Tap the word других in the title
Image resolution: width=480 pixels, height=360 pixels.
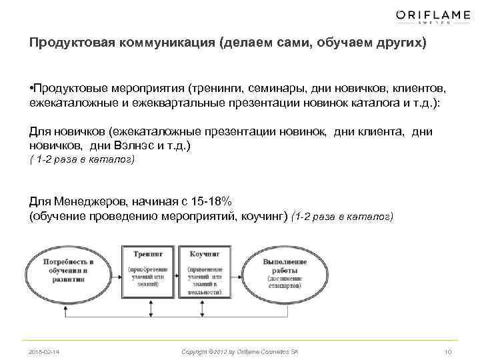point(394,43)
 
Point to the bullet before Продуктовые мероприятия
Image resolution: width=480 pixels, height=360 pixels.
point(31,88)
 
